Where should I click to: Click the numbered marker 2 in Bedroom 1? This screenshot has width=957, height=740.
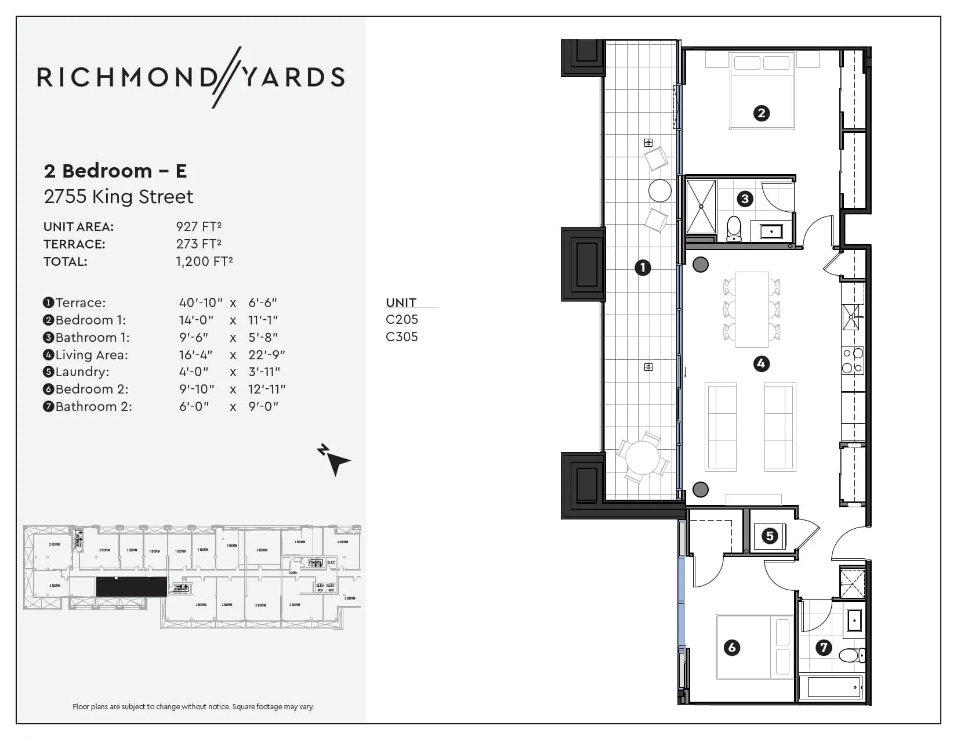pyautogui.click(x=761, y=113)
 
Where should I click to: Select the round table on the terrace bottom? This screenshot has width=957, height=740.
pyautogui.click(x=643, y=458)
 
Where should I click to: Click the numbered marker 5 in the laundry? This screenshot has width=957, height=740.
pyautogui.click(x=770, y=536)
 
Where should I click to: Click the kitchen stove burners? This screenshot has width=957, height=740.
pyautogui.click(x=853, y=360)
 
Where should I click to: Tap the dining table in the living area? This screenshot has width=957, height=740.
pyautogui.click(x=752, y=309)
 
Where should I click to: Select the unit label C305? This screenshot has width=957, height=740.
pyautogui.click(x=401, y=337)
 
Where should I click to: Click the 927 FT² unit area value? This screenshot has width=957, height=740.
pyautogui.click(x=199, y=226)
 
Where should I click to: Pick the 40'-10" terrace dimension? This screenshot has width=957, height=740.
pyautogui.click(x=201, y=302)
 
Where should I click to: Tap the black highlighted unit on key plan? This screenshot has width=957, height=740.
pyautogui.click(x=131, y=587)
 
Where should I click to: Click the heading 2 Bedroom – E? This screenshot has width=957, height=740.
pyautogui.click(x=115, y=171)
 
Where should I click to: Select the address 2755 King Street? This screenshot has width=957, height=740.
pyautogui.click(x=118, y=197)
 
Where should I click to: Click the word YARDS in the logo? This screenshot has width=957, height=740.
pyautogui.click(x=293, y=77)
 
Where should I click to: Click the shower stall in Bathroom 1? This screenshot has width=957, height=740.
pyautogui.click(x=701, y=206)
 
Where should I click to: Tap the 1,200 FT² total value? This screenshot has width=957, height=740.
pyautogui.click(x=204, y=261)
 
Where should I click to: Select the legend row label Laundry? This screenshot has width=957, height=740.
pyautogui.click(x=82, y=371)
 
